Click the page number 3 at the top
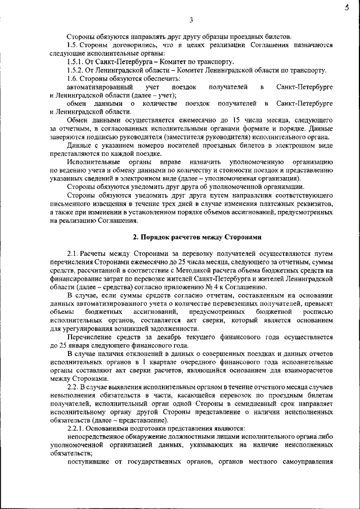coord(191,21)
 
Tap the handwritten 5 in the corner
coord(347,8)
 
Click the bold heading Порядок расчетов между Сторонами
coord(196,238)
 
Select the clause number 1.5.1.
coord(76,61)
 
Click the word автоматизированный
coord(100,88)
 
